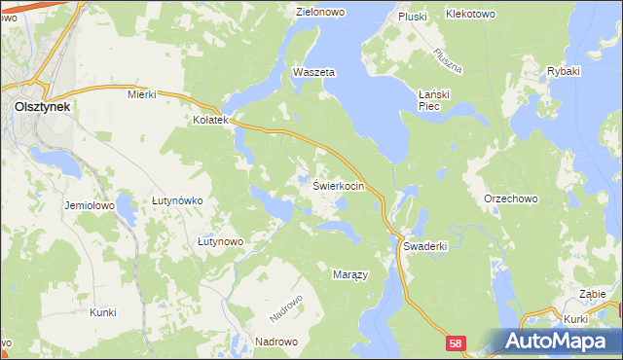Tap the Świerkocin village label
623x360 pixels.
pyautogui.click(x=339, y=185)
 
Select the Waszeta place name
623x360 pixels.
pyautogui.click(x=313, y=73)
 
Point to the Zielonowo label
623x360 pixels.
pyautogui.click(x=322, y=13)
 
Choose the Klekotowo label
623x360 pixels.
pyautogui.click(x=470, y=15)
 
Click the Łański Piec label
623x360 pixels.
pyautogui.click(x=430, y=99)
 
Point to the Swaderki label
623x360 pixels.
pyautogui.click(x=424, y=246)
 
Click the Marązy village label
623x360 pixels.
pyautogui.click(x=350, y=274)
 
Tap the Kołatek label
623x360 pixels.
pyautogui.click(x=208, y=121)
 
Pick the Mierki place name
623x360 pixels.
pyautogui.click(x=142, y=94)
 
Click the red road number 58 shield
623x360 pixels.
pyautogui.click(x=458, y=343)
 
